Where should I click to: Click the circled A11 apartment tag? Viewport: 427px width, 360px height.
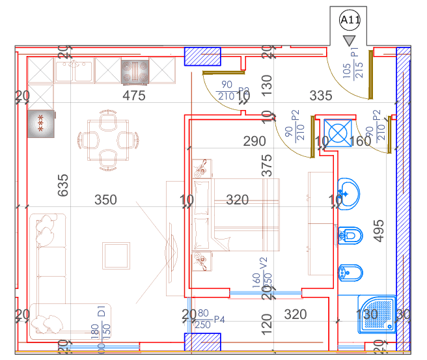pos(350,21)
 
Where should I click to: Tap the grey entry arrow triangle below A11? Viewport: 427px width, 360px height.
pos(350,41)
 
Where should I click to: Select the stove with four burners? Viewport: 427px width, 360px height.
pos(134,72)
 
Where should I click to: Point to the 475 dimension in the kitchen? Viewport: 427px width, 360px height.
pos(133,96)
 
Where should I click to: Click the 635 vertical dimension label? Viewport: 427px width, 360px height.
pos(62,185)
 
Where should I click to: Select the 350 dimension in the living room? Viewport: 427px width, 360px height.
pos(105,200)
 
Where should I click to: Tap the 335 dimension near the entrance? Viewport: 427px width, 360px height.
pos(321,96)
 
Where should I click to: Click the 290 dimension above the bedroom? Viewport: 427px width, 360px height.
pos(255,141)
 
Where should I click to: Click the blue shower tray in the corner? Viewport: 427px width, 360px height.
pos(376,315)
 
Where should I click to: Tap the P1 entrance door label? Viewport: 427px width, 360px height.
pos(355,53)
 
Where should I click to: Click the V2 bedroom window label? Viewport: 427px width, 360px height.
pos(265,264)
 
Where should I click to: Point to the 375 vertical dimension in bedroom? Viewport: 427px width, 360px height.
pos(266,165)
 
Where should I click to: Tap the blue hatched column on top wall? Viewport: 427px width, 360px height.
pos(203,57)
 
